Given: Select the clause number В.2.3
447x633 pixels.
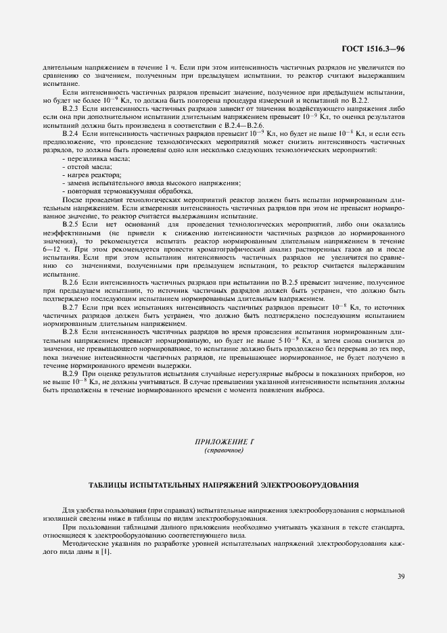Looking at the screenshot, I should tap(71, 108).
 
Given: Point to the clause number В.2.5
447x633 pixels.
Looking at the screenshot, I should tap(71, 222).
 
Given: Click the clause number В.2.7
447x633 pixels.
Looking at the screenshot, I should tap(71, 307).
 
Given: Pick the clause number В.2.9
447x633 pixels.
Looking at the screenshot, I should tap(71, 373).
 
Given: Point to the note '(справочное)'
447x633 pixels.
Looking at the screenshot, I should tap(223, 450).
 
